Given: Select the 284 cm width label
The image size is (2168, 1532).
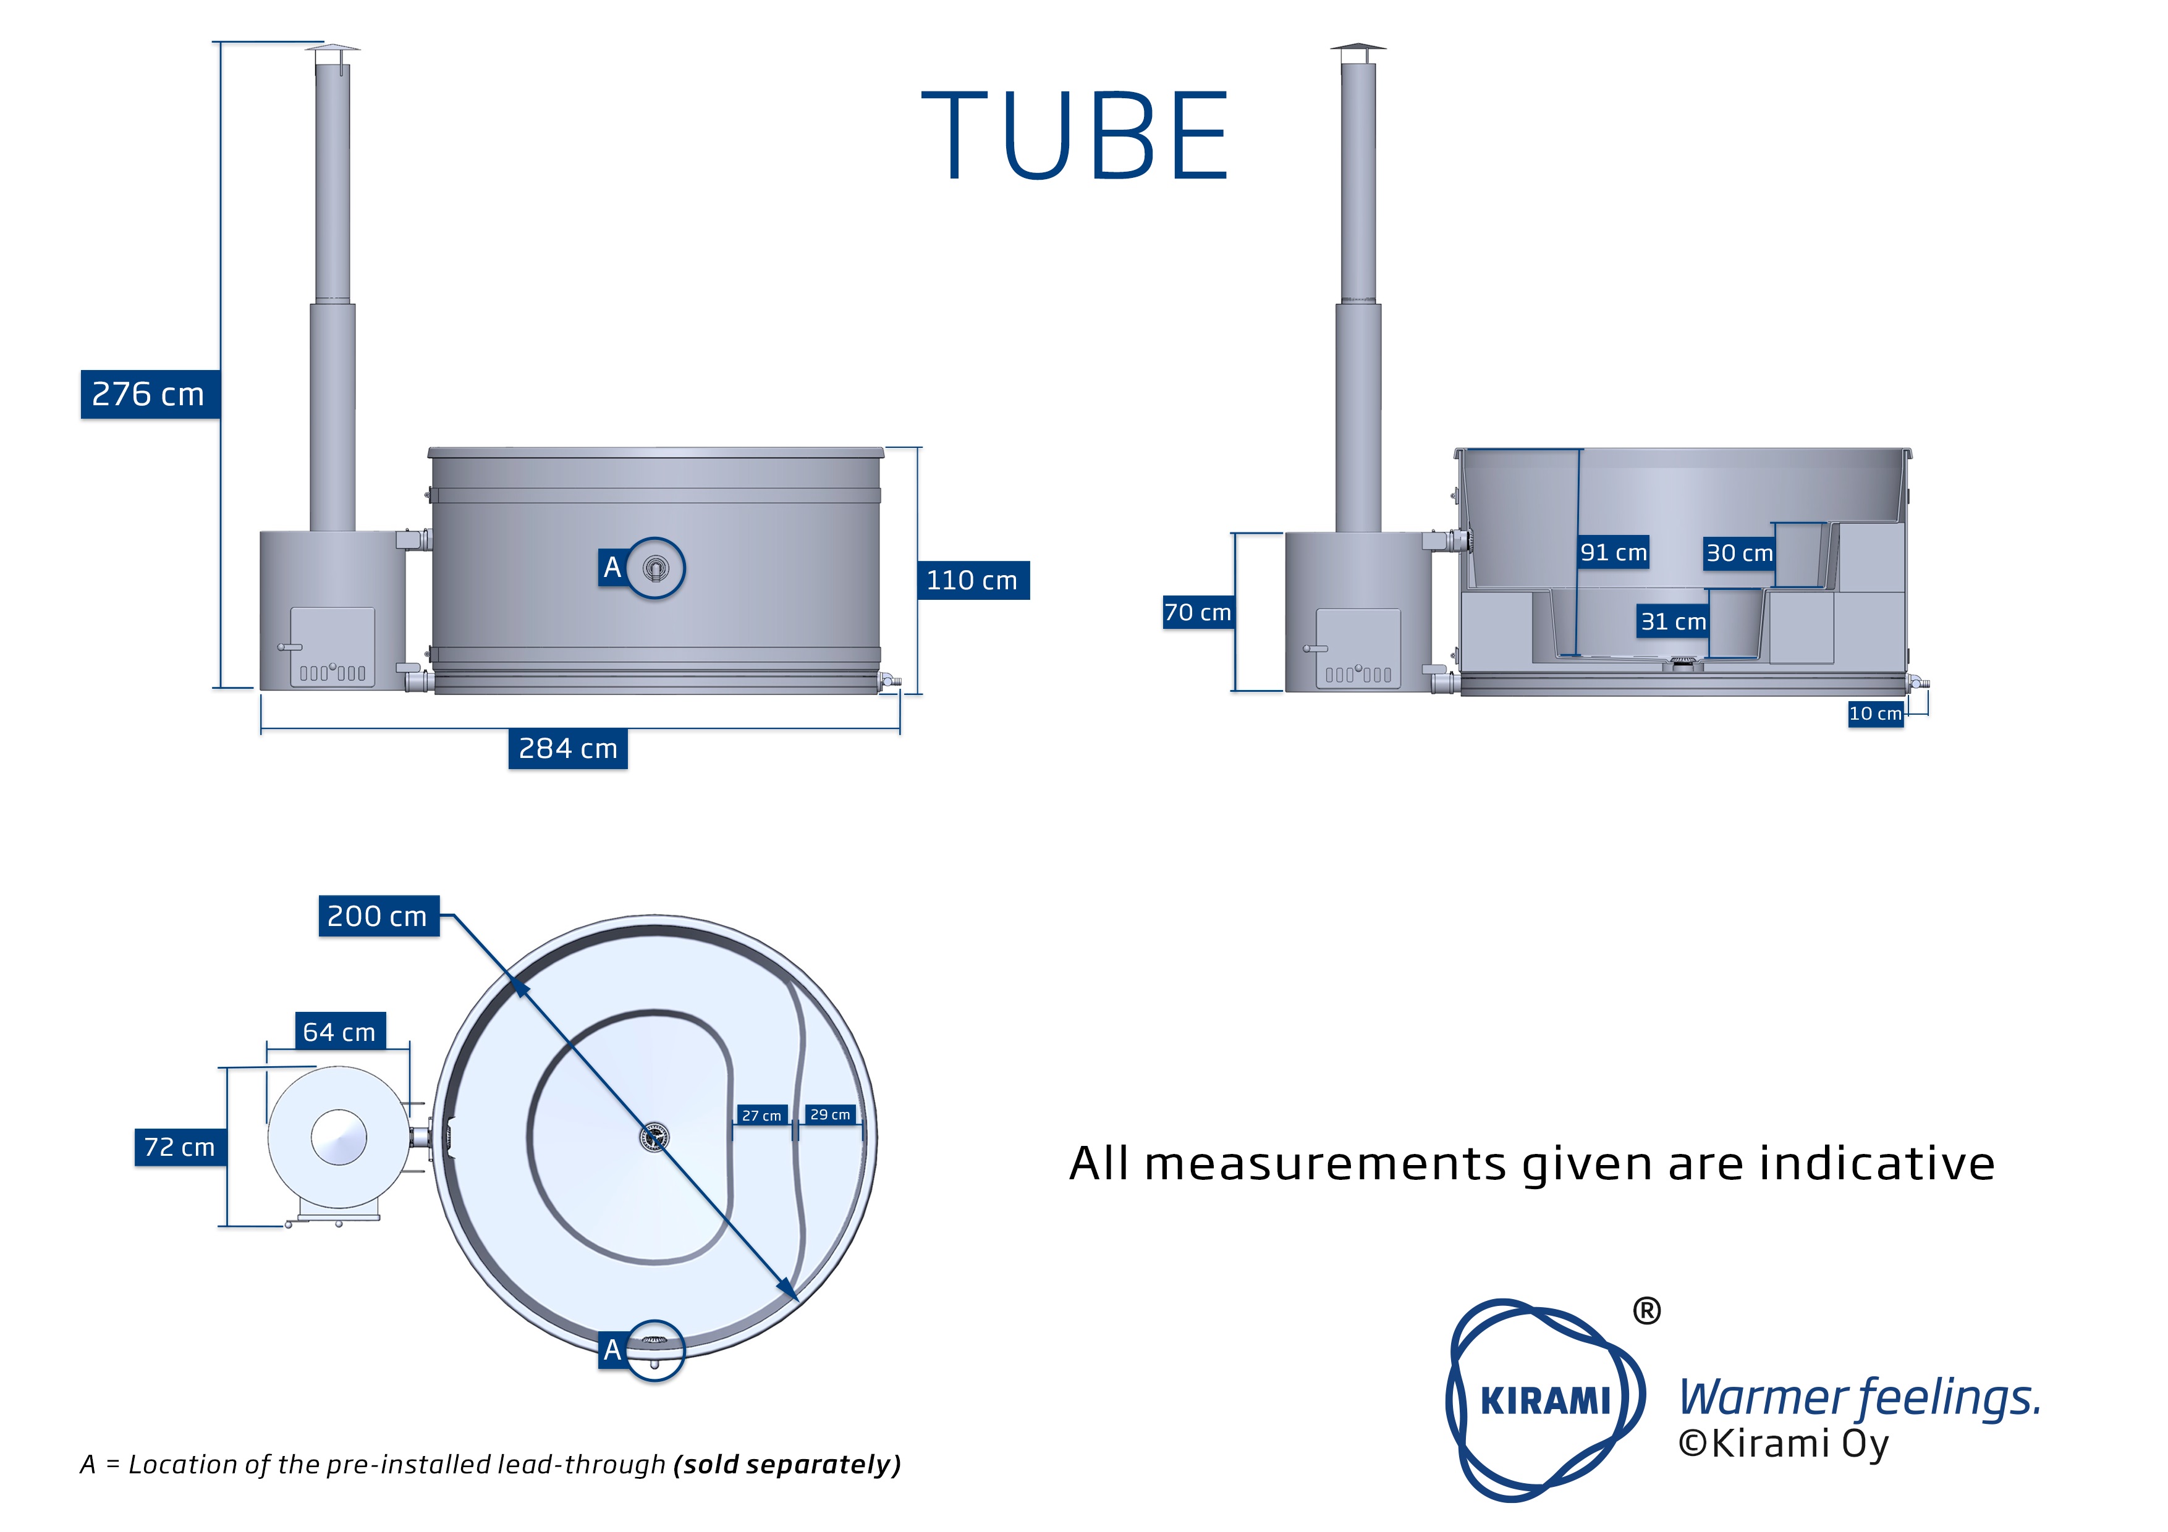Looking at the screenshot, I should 567,749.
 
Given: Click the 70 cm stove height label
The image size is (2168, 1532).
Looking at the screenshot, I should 1197,613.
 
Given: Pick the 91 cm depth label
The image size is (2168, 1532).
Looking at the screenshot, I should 1613,552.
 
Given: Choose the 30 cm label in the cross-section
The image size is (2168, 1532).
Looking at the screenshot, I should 1738,553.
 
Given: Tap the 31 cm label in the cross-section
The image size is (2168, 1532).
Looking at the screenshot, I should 1673,621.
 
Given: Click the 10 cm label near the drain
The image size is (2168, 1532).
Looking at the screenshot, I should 1874,713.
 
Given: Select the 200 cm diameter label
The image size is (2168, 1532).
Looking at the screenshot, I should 378,915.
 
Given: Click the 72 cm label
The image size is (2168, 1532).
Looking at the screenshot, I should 179,1147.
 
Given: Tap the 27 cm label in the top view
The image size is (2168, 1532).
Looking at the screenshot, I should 761,1116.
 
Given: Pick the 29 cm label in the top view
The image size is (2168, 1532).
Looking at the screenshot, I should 830,1115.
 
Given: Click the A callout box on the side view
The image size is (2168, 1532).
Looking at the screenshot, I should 612,567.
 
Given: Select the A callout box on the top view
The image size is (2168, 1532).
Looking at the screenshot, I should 612,1350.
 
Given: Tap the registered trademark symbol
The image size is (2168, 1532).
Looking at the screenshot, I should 1646,1311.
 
